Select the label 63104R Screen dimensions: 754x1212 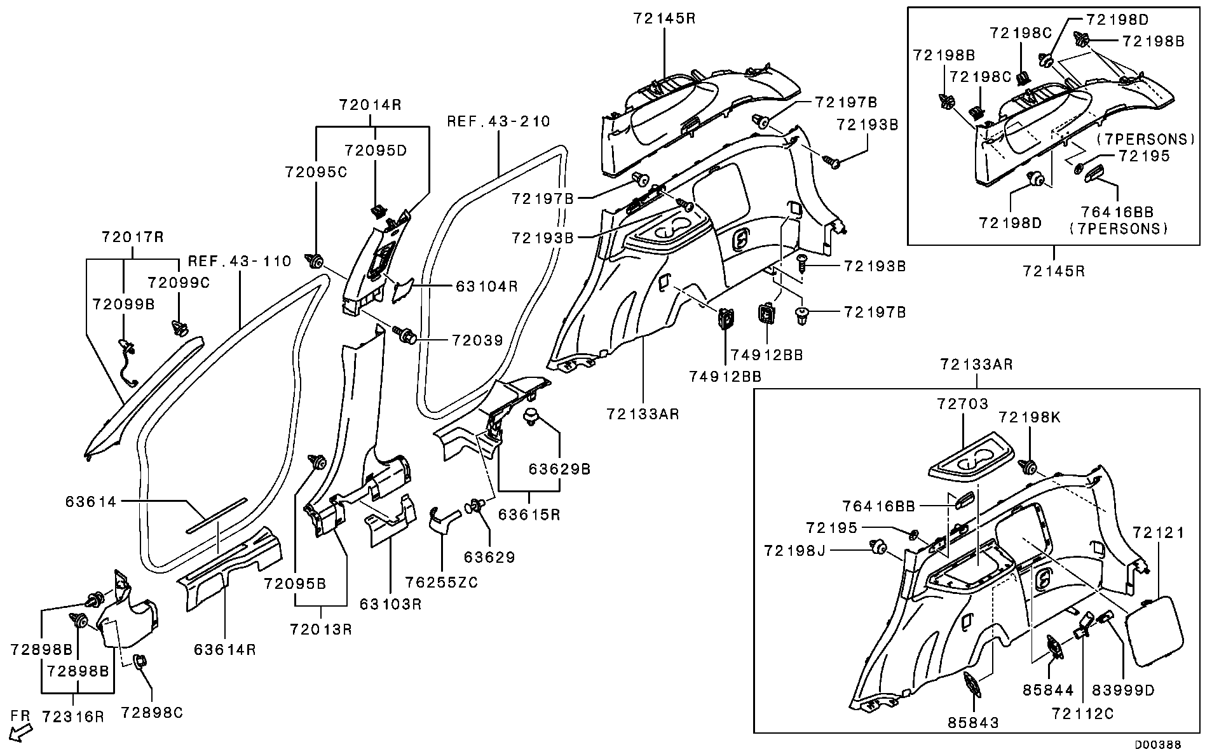click(x=486, y=286)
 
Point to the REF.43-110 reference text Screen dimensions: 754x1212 click(x=240, y=261)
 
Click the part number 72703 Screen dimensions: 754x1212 click(x=962, y=404)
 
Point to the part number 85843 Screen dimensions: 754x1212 click(x=973, y=722)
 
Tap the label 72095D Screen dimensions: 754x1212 click(x=375, y=151)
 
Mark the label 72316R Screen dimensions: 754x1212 click(x=73, y=717)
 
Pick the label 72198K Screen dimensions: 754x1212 click(x=1029, y=417)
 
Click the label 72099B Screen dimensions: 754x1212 click(x=123, y=304)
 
